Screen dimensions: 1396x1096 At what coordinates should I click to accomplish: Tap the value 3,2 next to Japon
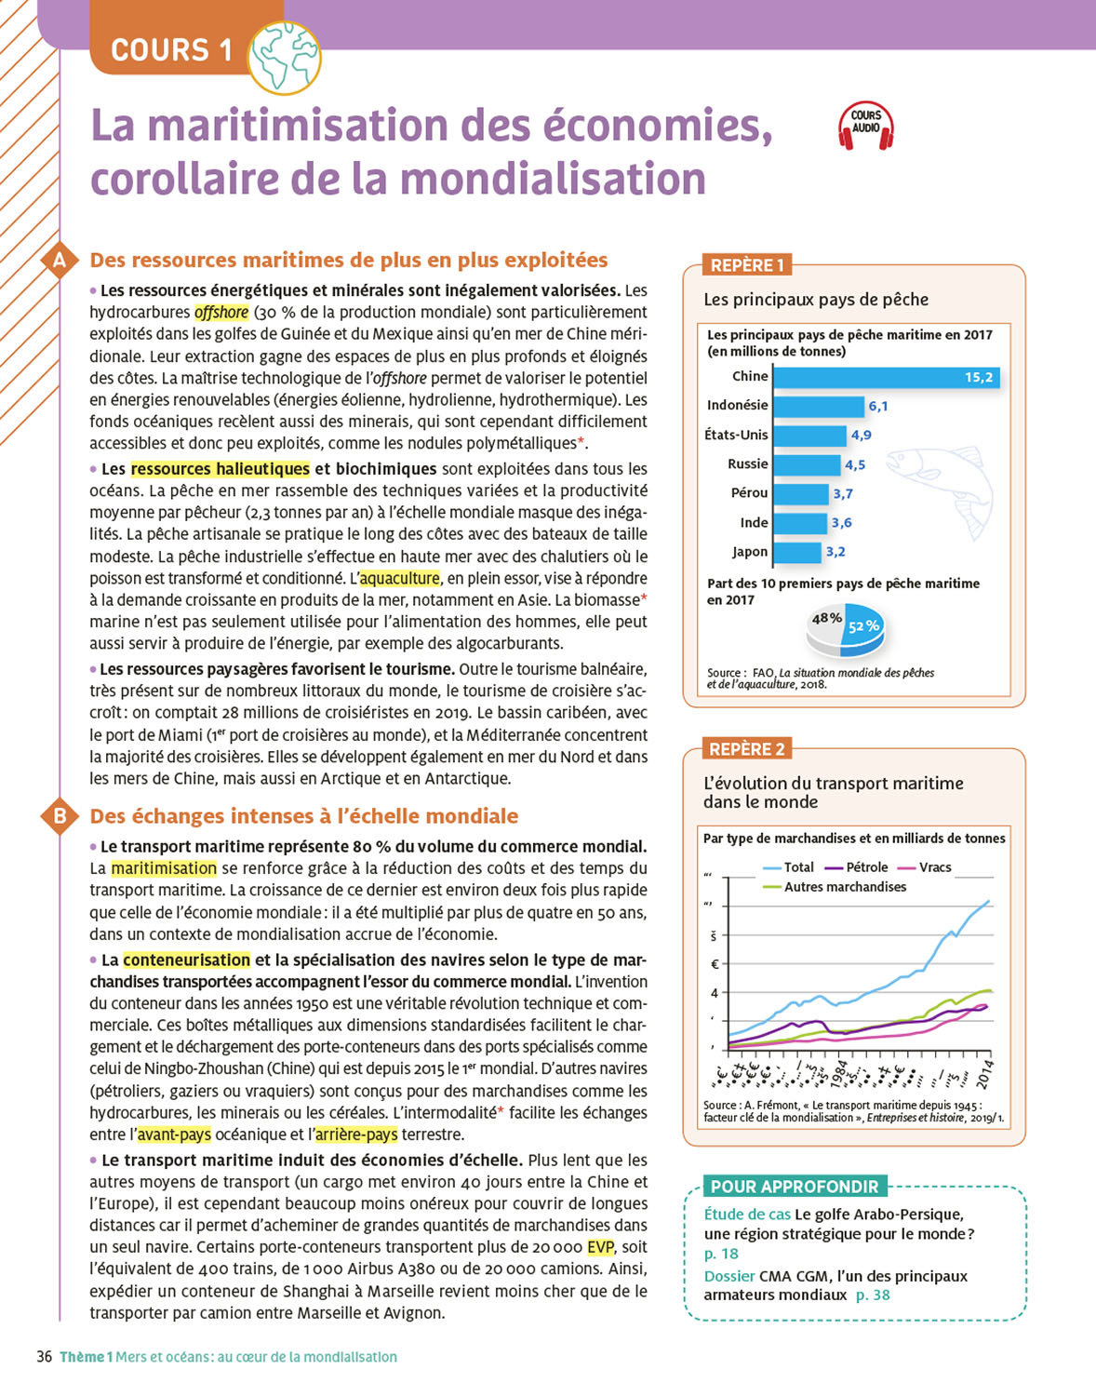pyautogui.click(x=835, y=552)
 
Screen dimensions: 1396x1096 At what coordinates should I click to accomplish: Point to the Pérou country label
pyautogui.click(x=749, y=493)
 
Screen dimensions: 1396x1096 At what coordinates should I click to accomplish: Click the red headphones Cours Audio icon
pyautogui.click(x=865, y=127)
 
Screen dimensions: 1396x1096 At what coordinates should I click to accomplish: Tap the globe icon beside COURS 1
pyautogui.click(x=286, y=58)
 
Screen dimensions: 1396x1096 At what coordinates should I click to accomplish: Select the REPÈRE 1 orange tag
pyautogui.click(x=746, y=265)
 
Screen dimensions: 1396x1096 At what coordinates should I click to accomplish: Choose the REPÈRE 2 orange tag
pyautogui.click(x=746, y=749)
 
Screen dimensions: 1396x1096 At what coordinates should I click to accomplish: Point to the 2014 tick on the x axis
pyautogui.click(x=985, y=1074)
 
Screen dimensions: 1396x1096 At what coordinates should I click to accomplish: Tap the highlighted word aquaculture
pyautogui.click(x=400, y=578)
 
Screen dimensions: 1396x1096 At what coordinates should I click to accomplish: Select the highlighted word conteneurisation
pyautogui.click(x=187, y=960)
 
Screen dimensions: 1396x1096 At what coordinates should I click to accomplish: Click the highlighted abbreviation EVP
pyautogui.click(x=600, y=1247)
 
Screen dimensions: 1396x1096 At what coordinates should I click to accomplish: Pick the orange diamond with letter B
pyautogui.click(x=60, y=816)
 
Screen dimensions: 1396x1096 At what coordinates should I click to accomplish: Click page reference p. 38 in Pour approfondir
pyautogui.click(x=873, y=1295)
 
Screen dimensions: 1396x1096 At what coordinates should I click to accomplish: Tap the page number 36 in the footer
pyautogui.click(x=44, y=1357)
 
